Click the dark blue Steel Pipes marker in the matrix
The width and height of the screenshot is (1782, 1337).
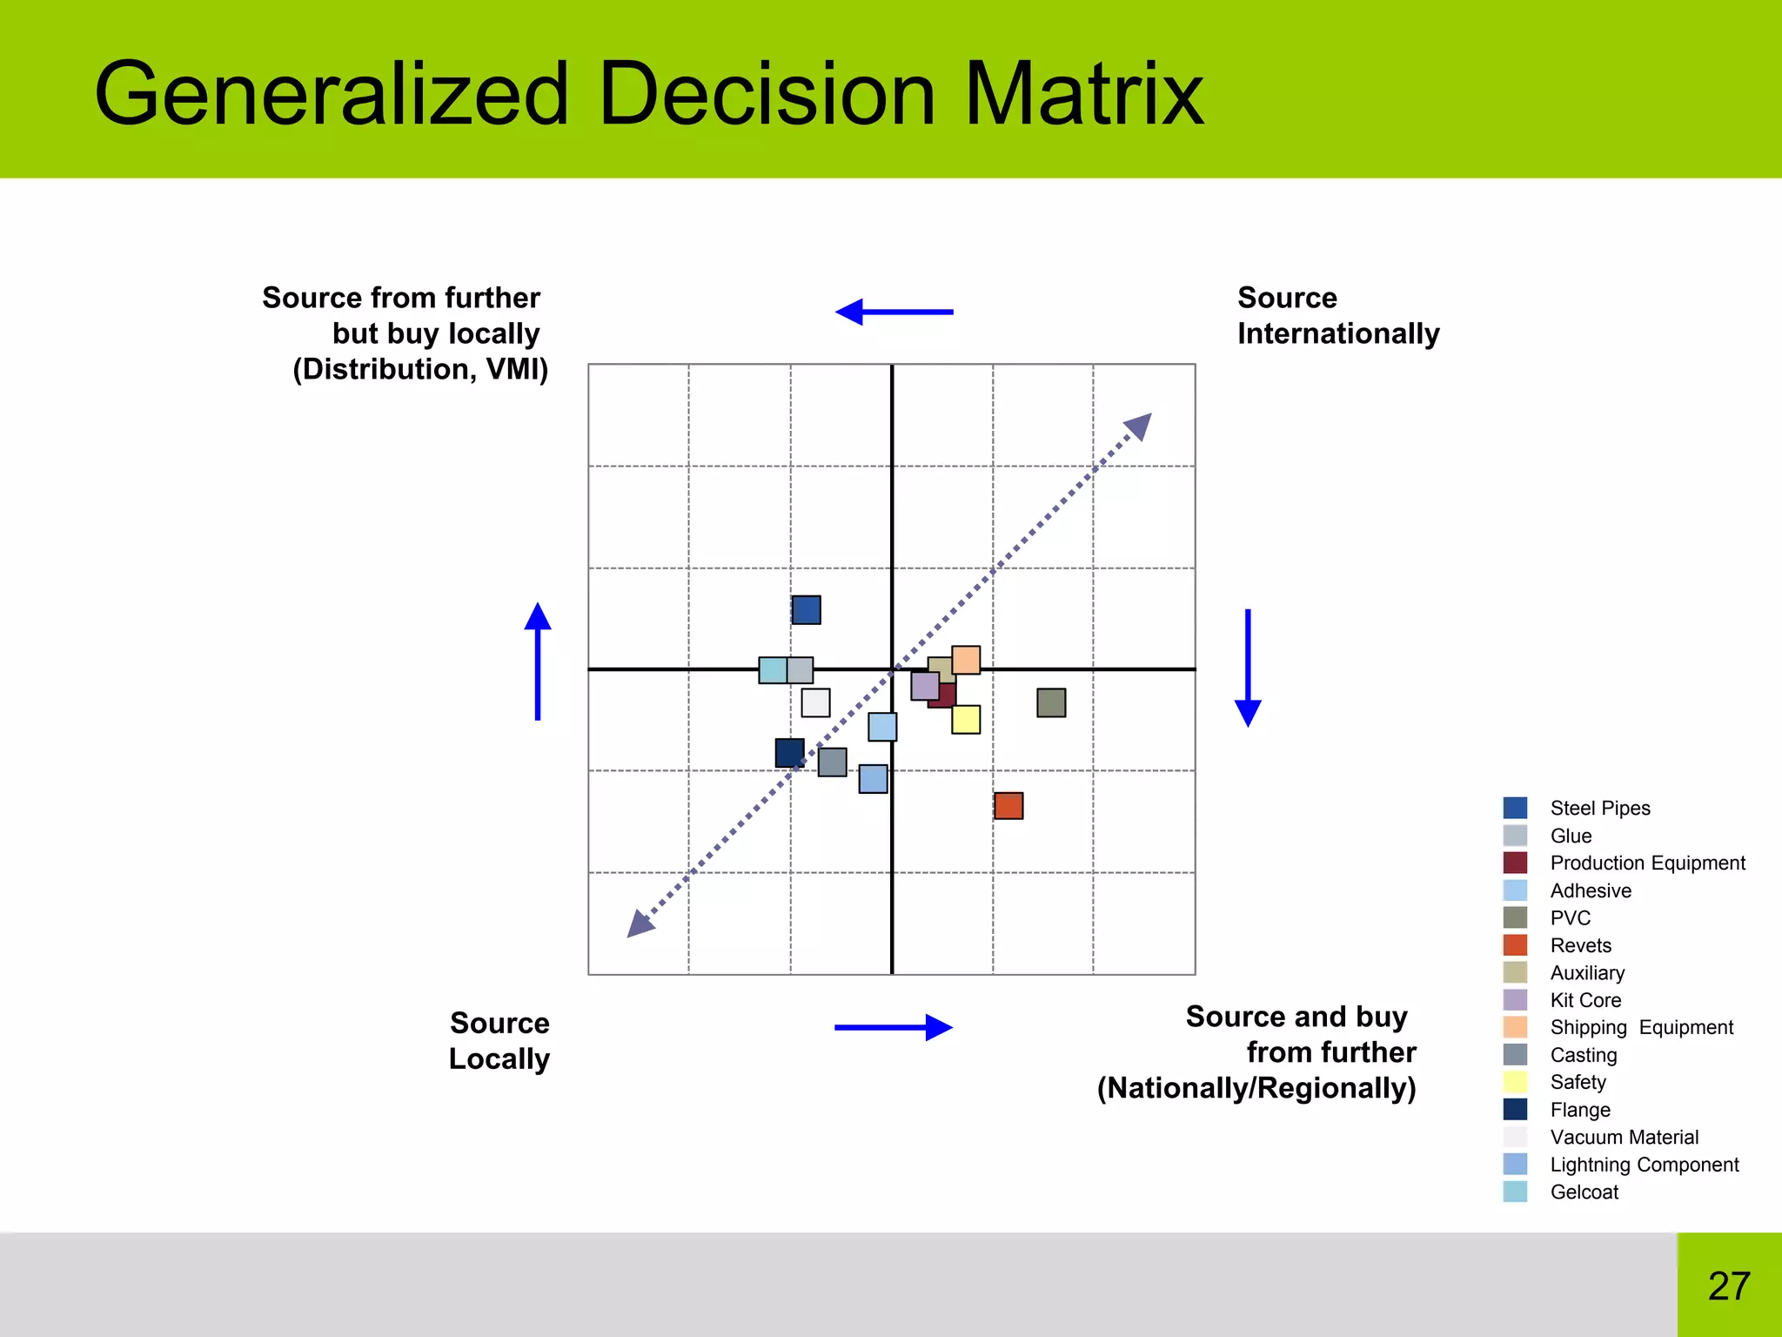(x=806, y=609)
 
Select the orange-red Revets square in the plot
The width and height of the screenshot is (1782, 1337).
(x=1008, y=805)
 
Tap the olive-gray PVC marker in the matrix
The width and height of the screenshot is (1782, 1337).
(x=1051, y=702)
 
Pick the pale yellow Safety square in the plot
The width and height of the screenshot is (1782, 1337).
(x=966, y=720)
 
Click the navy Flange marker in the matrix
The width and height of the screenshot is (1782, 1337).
(x=789, y=753)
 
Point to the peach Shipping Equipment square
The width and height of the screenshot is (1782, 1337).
(x=966, y=660)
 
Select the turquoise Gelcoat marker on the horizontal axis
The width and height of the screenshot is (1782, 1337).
(x=772, y=670)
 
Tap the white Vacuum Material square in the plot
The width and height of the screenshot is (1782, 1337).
(x=815, y=702)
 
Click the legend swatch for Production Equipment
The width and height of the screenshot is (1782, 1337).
(x=1515, y=863)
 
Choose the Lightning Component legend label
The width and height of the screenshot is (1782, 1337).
(x=1644, y=1165)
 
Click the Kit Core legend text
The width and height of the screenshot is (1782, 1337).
(x=1585, y=1000)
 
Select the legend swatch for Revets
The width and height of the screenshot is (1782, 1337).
(x=1515, y=945)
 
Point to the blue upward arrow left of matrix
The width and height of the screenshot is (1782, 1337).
(x=538, y=662)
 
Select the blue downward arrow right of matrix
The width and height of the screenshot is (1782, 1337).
(x=1248, y=668)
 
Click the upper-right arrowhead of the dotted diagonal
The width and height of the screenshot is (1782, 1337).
(x=1140, y=426)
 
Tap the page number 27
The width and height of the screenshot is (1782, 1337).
(x=1728, y=1286)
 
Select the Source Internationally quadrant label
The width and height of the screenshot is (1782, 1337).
(x=1337, y=315)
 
